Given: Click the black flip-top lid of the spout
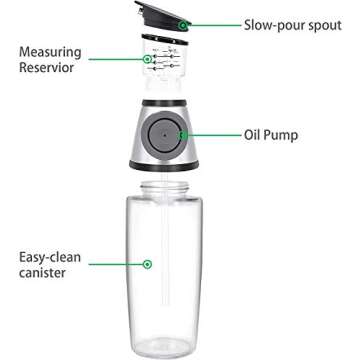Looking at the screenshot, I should (172, 21).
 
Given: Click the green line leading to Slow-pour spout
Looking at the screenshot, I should (210, 23).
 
